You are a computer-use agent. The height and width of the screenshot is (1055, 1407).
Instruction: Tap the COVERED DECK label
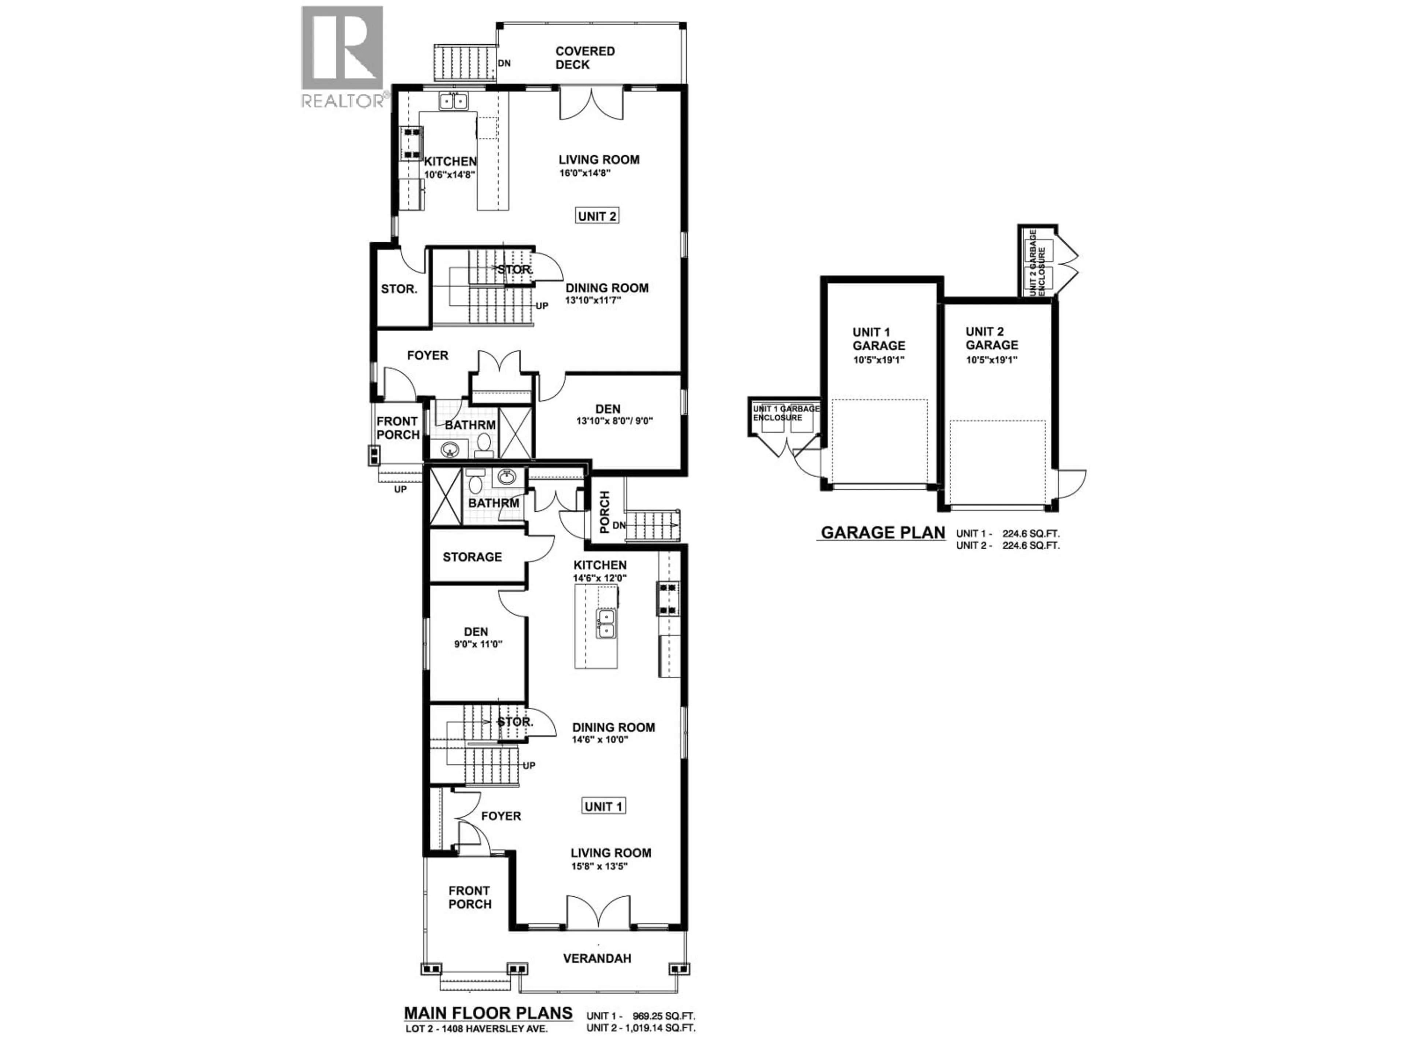point(584,58)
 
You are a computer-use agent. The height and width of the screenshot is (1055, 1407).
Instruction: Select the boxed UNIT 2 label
point(597,216)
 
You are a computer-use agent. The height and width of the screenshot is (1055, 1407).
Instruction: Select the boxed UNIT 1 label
point(603,806)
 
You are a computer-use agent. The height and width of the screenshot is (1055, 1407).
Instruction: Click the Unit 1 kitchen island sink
point(606,623)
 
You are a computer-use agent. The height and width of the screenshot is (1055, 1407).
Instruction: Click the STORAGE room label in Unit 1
point(472,557)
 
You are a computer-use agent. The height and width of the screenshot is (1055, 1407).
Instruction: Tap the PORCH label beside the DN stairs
point(604,512)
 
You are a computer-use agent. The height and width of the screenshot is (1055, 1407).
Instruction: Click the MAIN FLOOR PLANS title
point(488,1013)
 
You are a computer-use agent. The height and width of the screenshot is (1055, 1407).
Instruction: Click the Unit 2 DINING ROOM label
point(607,288)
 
